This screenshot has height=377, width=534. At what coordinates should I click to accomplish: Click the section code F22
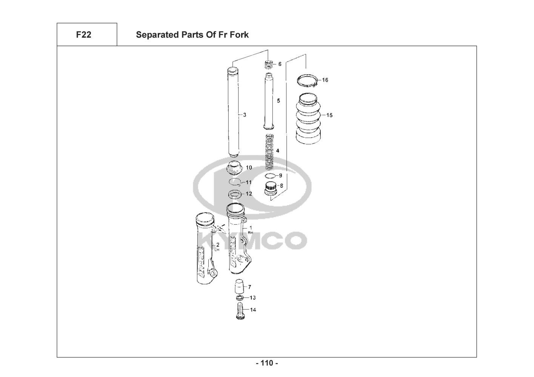[83, 35]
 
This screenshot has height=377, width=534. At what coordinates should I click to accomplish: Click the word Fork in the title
[239, 35]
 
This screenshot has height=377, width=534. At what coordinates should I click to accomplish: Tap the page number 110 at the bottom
[267, 363]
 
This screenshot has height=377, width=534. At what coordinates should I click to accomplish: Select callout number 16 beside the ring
[325, 80]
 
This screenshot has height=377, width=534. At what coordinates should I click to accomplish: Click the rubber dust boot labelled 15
[308, 118]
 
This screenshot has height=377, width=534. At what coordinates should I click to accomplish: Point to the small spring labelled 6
[269, 64]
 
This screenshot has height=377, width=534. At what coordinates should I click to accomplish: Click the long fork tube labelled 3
[234, 112]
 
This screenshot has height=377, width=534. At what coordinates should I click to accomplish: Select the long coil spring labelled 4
[269, 152]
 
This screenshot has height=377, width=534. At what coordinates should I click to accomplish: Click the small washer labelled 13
[240, 298]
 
